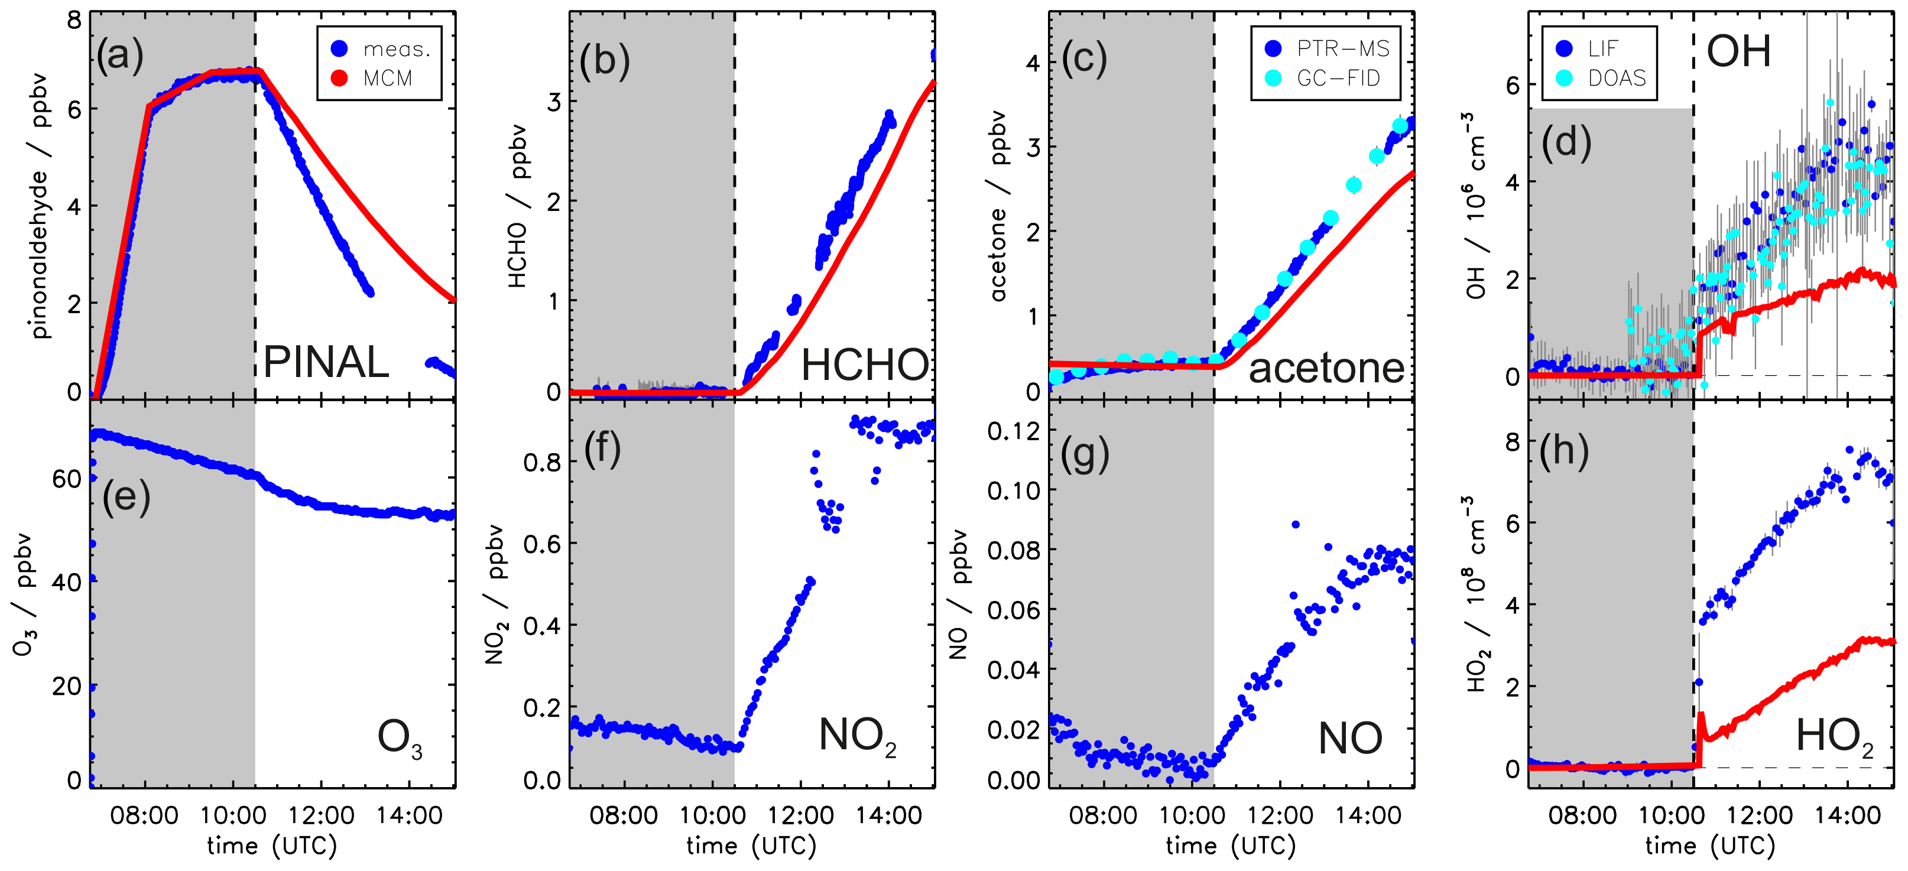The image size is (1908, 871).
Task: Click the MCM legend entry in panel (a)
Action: coord(387,79)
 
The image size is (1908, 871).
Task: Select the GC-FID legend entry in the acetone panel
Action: coord(1338,79)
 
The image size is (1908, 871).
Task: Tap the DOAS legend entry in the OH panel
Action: coord(1616,79)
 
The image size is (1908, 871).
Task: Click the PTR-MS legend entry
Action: coord(1342,49)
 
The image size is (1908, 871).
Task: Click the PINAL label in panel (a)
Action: coord(326,363)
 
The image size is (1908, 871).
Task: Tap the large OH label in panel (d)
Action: coord(1738,52)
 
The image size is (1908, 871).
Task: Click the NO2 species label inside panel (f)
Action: coord(857,737)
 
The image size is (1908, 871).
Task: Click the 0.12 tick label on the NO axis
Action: coord(1013,431)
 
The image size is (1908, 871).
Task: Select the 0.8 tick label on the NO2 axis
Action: coord(541,463)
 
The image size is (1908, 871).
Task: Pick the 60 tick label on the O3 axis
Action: coord(67,479)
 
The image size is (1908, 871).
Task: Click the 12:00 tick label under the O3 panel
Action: coord(322,815)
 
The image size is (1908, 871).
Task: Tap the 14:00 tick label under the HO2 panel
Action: coord(1847,815)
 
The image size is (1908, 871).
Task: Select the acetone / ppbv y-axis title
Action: coord(998,206)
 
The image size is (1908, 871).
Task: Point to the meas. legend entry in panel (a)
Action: coord(395,49)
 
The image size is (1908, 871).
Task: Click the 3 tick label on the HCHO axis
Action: coord(554,102)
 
